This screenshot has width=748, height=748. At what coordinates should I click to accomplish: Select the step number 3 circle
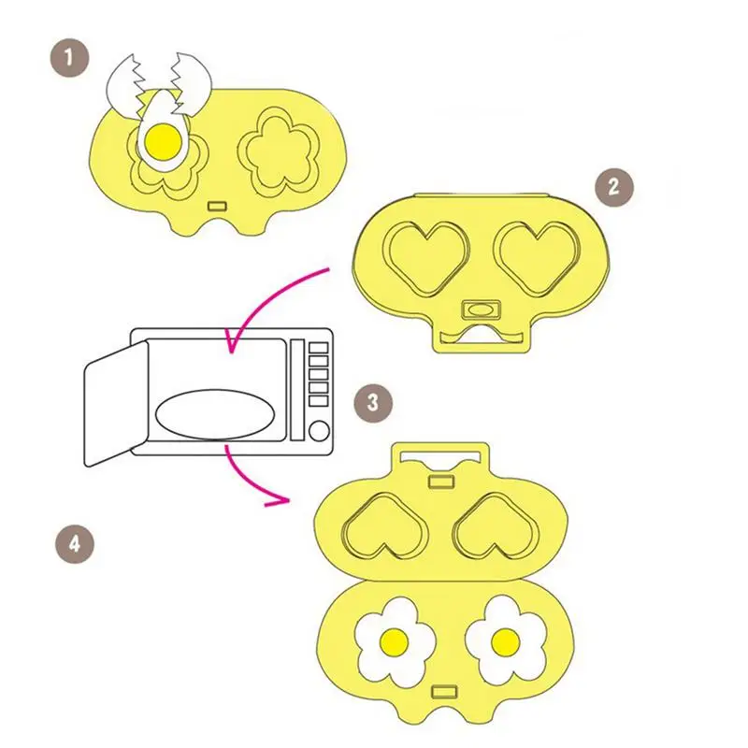tap(372, 403)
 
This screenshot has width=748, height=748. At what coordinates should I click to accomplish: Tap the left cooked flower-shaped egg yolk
tap(395, 640)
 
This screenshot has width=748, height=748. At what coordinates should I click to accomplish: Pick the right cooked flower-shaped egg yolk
tap(506, 640)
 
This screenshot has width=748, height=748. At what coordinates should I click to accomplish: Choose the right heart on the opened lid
tap(492, 529)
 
